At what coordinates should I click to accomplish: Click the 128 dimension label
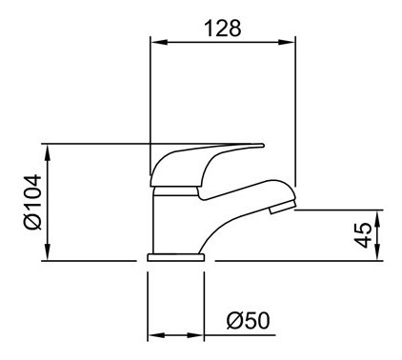click(x=222, y=28)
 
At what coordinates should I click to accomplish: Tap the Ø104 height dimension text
click(x=32, y=202)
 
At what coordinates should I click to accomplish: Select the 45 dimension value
click(x=363, y=235)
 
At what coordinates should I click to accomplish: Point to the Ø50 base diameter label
click(x=249, y=320)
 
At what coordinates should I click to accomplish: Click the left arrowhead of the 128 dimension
click(x=158, y=42)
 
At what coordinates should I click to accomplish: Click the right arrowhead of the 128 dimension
click(x=287, y=42)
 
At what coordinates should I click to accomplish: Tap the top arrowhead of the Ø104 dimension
click(x=48, y=153)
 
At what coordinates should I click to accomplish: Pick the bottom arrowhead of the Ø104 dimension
click(x=48, y=252)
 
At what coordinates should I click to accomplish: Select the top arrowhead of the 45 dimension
click(x=377, y=218)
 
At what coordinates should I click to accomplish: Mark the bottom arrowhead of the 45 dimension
click(x=377, y=252)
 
